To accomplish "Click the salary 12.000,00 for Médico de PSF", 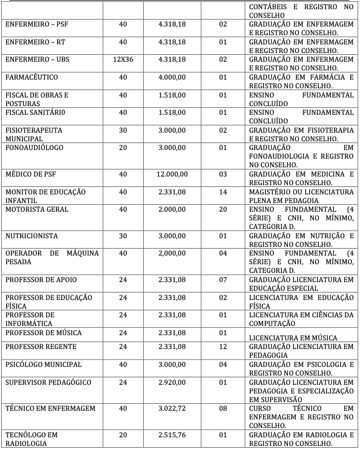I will [x=172, y=174].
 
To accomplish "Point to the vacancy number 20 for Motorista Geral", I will [x=223, y=209].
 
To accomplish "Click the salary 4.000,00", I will [x=172, y=77].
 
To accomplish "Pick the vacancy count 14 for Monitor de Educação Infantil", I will [x=223, y=192].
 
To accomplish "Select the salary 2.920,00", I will [x=172, y=382].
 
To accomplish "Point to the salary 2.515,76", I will [x=172, y=434].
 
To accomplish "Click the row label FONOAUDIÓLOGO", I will [x=33, y=148].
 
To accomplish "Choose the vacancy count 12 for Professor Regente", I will [x=223, y=347].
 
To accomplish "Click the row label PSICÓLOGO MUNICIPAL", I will [x=43, y=365].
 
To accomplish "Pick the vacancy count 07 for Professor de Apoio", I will [x=223, y=280].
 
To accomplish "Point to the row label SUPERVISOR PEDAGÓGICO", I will [x=46, y=382].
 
